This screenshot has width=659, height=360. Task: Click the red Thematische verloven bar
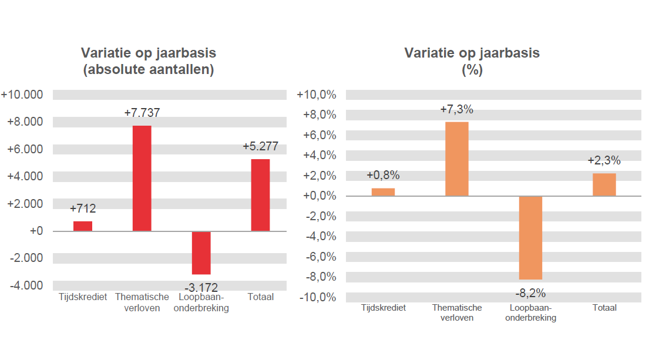(x=142, y=178)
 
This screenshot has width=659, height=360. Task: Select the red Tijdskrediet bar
(x=83, y=226)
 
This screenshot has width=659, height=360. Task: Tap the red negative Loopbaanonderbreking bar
(x=201, y=253)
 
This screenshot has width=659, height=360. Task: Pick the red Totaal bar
(x=260, y=195)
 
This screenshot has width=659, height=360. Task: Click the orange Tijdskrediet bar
(x=383, y=192)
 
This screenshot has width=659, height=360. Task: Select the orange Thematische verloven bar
(x=456, y=159)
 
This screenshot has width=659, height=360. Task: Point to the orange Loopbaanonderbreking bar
(x=530, y=238)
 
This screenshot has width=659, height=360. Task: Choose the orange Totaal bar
(x=604, y=184)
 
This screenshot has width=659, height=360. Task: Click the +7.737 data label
(x=142, y=113)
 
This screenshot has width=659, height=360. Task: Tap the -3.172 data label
(x=201, y=288)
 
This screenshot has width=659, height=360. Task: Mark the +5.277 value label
(x=260, y=147)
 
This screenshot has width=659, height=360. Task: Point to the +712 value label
(x=83, y=208)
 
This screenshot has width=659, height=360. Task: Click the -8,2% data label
(x=530, y=293)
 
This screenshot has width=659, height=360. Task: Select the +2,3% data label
(x=604, y=161)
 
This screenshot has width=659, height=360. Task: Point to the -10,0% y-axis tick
(x=317, y=297)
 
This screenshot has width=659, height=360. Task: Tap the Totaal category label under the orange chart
(x=604, y=308)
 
